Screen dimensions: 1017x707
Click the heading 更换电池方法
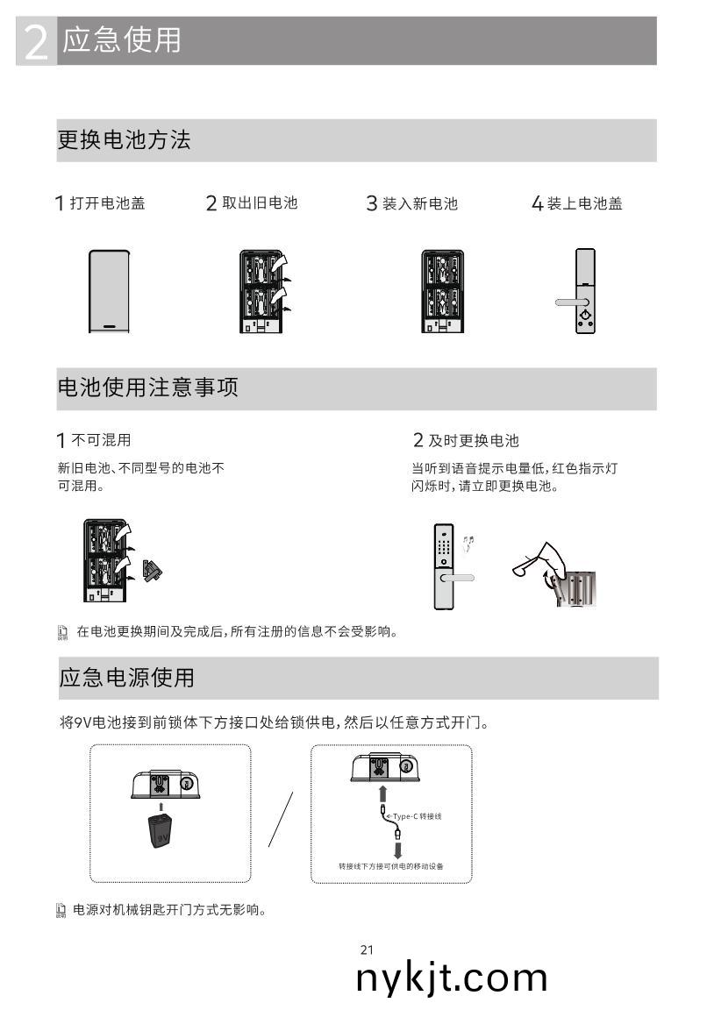[124, 140]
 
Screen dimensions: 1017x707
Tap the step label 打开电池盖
[107, 203]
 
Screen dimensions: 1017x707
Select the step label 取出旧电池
[260, 203]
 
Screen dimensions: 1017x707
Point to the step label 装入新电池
[419, 203]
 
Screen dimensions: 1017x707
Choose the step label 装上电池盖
[584, 203]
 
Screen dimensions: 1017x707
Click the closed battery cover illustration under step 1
[110, 291]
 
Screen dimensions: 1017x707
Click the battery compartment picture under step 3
[443, 291]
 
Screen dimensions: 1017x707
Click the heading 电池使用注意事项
[147, 388]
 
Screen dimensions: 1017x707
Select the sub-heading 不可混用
[107, 439]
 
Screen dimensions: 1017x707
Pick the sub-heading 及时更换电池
[473, 440]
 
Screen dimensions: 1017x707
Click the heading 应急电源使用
[126, 678]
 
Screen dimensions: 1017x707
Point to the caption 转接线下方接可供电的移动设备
[391, 866]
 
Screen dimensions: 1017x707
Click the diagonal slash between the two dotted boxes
[281, 819]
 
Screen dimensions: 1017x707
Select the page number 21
[367, 949]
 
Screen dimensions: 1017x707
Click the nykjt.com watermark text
[452, 978]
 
